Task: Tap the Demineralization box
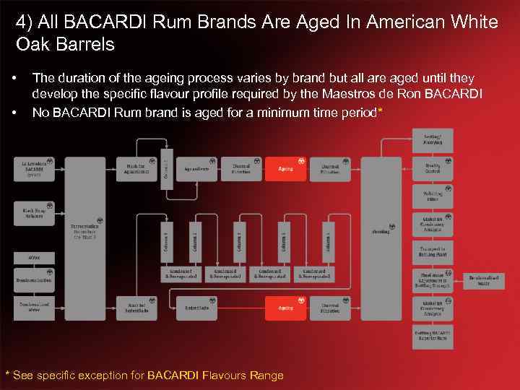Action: point(34,279)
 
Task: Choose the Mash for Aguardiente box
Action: point(136,168)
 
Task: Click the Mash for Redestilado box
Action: point(136,308)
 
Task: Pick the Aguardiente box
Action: point(197,168)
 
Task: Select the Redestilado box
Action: point(197,308)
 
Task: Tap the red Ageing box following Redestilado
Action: point(286,308)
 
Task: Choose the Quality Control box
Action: point(433,168)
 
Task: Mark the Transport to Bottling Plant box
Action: point(433,252)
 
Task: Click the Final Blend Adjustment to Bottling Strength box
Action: point(433,279)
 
